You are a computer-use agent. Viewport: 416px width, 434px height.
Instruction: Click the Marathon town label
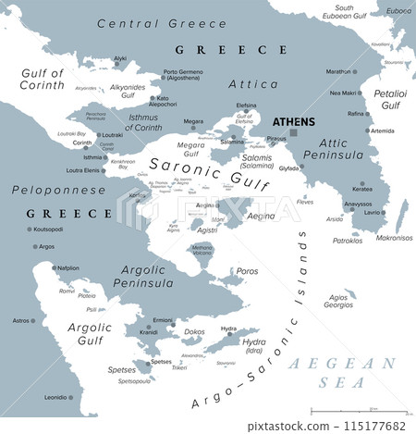click(x=338, y=71)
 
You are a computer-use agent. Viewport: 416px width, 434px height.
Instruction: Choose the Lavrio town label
click(x=374, y=213)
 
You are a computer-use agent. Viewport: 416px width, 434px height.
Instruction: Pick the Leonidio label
click(x=55, y=397)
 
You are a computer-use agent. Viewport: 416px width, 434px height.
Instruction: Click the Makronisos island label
click(x=393, y=237)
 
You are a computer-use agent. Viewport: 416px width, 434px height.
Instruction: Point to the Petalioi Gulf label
click(x=391, y=99)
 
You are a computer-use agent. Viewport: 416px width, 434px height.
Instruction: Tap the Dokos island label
click(x=194, y=331)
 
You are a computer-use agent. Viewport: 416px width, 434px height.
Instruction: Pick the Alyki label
click(x=120, y=58)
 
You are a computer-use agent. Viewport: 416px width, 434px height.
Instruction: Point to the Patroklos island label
click(x=347, y=240)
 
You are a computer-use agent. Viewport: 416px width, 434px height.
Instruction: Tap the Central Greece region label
click(x=138, y=22)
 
